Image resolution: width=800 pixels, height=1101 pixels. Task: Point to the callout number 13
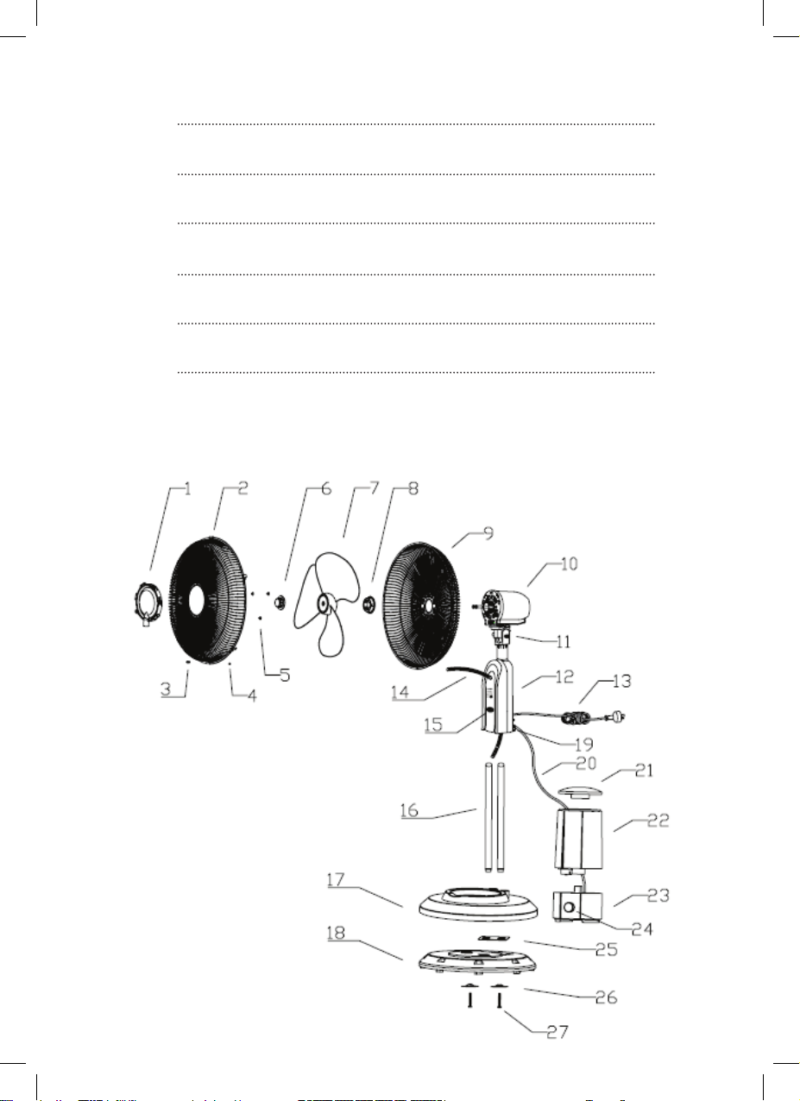coord(621,681)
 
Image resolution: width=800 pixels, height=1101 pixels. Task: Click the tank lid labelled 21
coord(579,791)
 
